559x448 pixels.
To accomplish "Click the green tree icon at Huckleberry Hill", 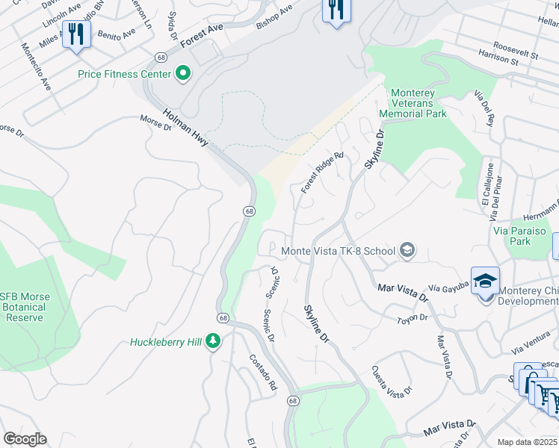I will (x=214, y=341).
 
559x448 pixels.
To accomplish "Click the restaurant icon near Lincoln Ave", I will (x=76, y=34).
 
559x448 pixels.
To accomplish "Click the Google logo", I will (x=25, y=439).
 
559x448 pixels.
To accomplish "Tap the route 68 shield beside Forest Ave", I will (x=160, y=57).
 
